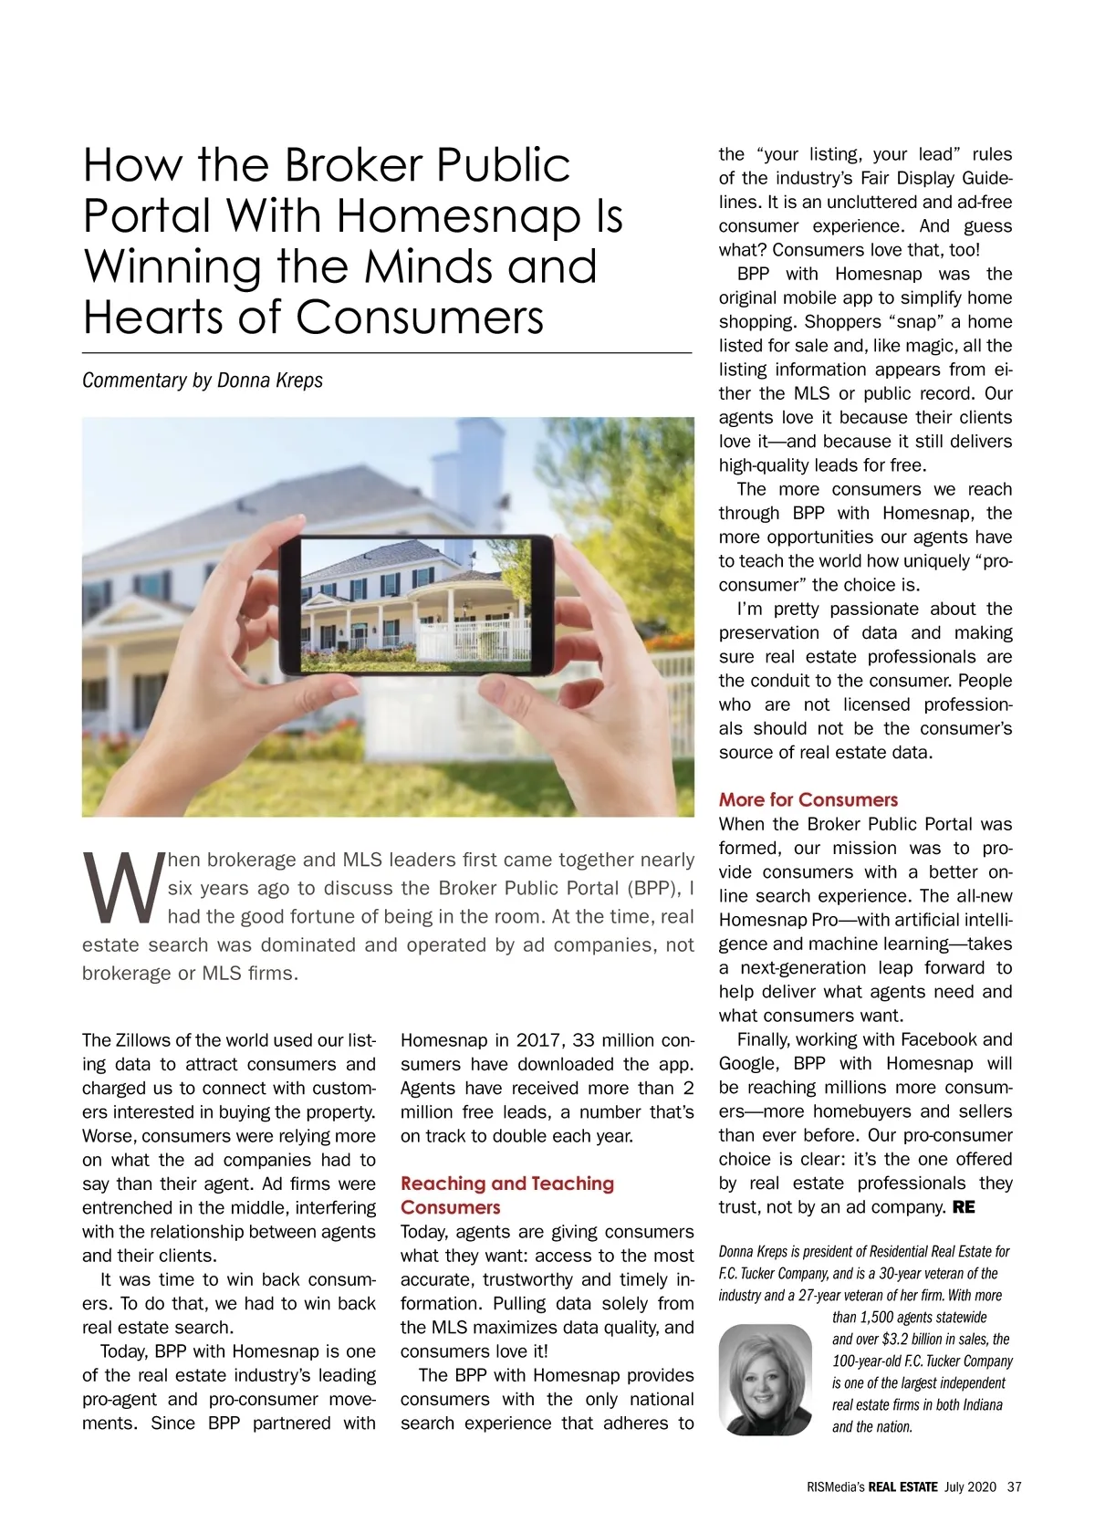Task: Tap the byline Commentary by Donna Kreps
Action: [x=203, y=380]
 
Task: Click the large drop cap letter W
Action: [x=122, y=886]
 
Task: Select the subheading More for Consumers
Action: [x=808, y=799]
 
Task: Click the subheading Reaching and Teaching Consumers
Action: [x=506, y=1194]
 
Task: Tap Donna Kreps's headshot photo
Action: [x=765, y=1379]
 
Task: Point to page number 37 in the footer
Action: [x=1014, y=1486]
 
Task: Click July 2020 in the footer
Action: [x=970, y=1486]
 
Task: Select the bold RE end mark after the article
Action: [x=964, y=1207]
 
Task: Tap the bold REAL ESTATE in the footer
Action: [x=902, y=1486]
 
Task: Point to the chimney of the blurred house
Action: [x=479, y=456]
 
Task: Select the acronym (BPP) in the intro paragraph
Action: [x=652, y=888]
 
